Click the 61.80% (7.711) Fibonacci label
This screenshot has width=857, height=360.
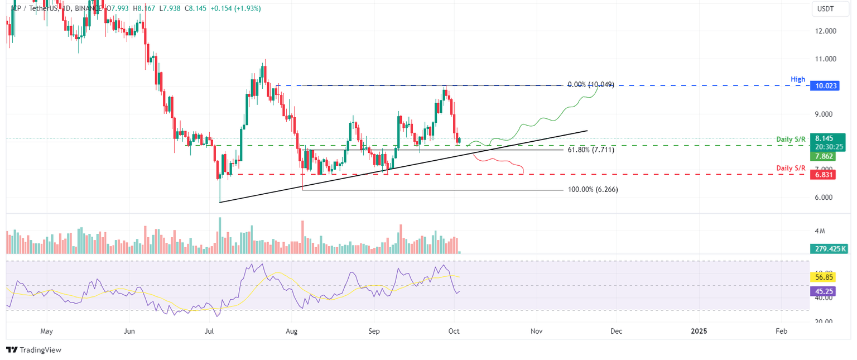[591, 150]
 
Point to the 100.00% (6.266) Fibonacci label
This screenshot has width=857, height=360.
[593, 190]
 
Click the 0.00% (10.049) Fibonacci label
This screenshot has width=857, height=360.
[590, 85]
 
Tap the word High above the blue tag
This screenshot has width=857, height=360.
[798, 80]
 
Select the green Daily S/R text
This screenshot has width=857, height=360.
[791, 138]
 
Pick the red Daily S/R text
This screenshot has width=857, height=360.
[791, 168]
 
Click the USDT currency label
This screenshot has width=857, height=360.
[825, 9]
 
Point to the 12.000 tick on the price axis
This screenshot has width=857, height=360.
[826, 31]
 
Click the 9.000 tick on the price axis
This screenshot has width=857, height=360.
[826, 114]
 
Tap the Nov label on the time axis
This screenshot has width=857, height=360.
[537, 331]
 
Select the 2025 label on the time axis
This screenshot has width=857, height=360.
[698, 331]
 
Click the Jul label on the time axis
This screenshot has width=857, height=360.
[210, 331]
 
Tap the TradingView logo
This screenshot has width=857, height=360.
[33, 350]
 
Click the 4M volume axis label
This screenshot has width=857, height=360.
[820, 231]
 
